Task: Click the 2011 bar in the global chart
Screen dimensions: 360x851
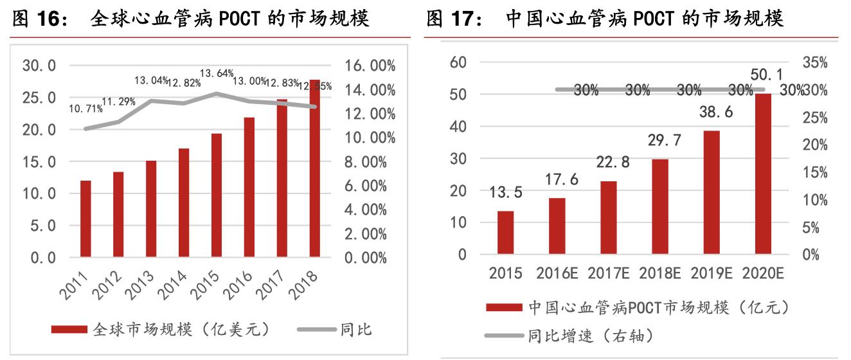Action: pos(85,219)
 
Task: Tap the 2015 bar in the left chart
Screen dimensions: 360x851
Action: pos(216,195)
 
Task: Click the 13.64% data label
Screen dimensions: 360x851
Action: pos(217,73)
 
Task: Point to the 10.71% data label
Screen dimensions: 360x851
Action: pos(85,109)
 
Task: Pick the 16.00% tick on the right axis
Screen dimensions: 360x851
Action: pos(365,66)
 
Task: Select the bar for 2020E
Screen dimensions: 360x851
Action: pos(762,174)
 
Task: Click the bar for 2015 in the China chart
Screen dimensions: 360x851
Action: pos(506,232)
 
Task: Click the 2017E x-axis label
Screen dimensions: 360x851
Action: pos(608,273)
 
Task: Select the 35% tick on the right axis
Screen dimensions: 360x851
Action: pos(815,62)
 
